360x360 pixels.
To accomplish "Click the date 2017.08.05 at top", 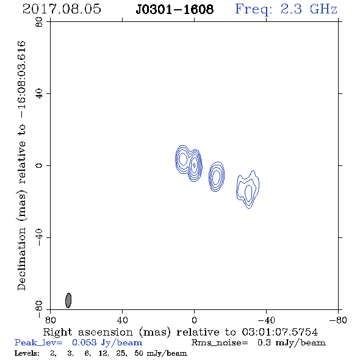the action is (x=62, y=9).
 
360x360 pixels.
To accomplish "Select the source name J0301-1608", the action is (x=175, y=9).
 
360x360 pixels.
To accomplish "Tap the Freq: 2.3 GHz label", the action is (x=286, y=9).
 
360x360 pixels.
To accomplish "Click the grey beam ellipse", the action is (x=68, y=300).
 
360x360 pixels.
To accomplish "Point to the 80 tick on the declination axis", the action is (x=39, y=22).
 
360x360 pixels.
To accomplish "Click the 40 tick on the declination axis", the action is (x=39, y=94).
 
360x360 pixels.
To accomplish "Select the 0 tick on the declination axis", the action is (x=39, y=165).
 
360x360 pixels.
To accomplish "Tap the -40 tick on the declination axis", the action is (x=39, y=237).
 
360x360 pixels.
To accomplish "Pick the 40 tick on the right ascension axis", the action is (x=122, y=320).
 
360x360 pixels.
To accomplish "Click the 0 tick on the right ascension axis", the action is (x=194, y=320).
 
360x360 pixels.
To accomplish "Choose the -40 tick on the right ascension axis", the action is (x=266, y=320).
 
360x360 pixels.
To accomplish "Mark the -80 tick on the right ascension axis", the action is (x=338, y=320).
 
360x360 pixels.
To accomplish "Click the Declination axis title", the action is (x=21, y=166).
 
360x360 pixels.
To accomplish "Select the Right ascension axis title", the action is (x=181, y=332).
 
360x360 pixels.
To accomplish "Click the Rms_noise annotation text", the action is (x=259, y=343).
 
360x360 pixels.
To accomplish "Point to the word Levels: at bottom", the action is (x=27, y=353).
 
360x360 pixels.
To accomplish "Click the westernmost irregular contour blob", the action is (x=248, y=190).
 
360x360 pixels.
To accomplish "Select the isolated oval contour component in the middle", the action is (x=217, y=176).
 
